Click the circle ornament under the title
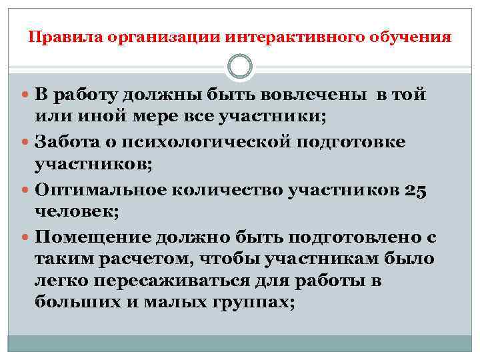point(240,67)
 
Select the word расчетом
point(137,259)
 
